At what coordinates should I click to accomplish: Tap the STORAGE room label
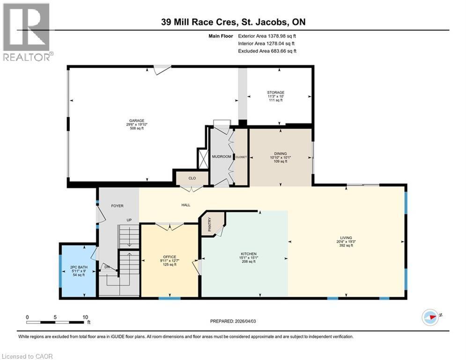[275, 92]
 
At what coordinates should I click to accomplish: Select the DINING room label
[280, 154]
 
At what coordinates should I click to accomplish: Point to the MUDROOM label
[222, 157]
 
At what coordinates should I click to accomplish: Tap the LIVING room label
[346, 238]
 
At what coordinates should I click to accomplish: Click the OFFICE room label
[169, 257]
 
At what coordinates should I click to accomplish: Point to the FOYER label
[117, 206]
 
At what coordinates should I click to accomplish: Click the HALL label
[186, 205]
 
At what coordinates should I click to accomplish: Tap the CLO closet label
[192, 178]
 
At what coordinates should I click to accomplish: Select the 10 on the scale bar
[85, 317]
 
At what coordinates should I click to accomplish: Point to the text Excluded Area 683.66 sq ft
[267, 51]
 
